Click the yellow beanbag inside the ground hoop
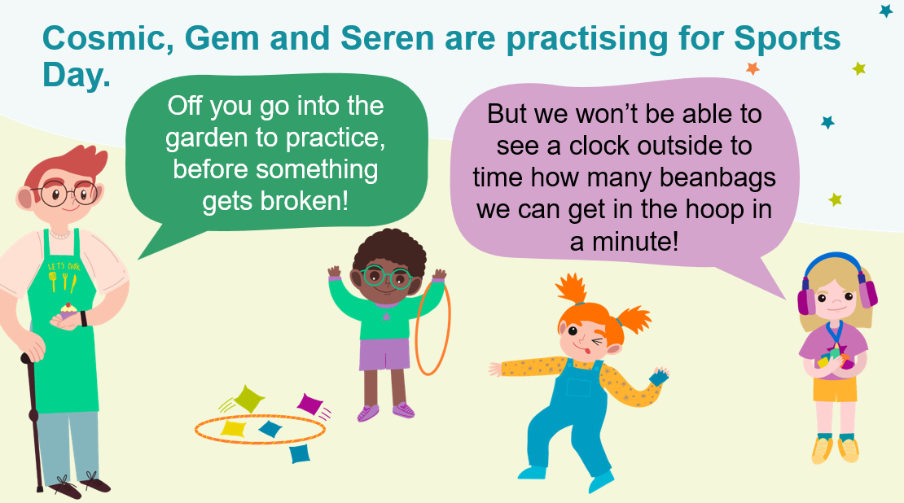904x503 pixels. [x=234, y=428]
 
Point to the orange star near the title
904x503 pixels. [x=753, y=68]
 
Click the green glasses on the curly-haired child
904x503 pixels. [x=386, y=278]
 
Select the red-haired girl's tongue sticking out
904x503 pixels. [x=586, y=349]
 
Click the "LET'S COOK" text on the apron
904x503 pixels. [x=64, y=267]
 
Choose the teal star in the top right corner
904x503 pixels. [x=885, y=11]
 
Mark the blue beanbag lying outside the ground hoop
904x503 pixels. [x=300, y=454]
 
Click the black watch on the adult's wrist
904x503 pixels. [x=84, y=318]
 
